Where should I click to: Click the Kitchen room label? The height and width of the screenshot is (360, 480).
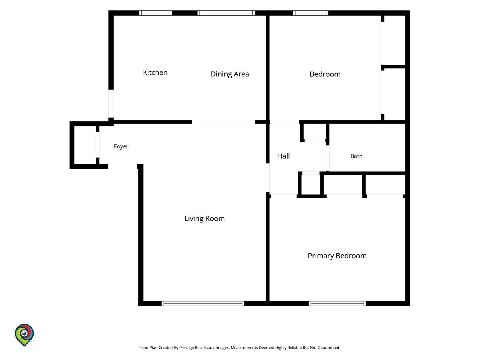(155, 72)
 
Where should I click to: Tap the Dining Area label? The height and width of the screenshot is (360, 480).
(230, 74)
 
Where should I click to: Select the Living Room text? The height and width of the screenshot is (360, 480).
(204, 219)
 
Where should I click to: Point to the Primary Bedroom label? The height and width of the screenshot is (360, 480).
(337, 256)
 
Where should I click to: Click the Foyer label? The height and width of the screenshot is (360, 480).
(121, 146)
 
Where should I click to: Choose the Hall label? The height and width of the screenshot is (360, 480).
(284, 156)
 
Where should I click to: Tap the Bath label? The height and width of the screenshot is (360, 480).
(356, 156)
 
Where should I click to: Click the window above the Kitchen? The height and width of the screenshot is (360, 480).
(156, 13)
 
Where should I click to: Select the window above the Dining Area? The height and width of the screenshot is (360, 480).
(226, 13)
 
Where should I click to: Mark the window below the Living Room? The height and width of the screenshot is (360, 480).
(203, 303)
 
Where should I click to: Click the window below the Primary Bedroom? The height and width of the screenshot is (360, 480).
(338, 303)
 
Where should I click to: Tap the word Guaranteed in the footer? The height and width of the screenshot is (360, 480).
(329, 348)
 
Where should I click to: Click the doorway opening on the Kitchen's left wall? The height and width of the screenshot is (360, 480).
(111, 104)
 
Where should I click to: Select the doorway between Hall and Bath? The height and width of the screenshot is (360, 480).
(328, 158)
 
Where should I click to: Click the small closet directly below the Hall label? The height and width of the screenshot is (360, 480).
(311, 185)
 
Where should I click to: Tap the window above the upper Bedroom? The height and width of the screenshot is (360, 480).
(310, 13)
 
